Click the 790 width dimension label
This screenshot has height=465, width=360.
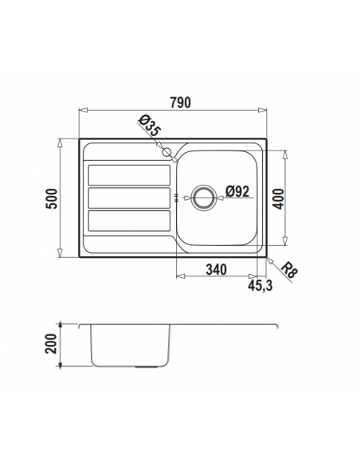pyautogui.click(x=180, y=103)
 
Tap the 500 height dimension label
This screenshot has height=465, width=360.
pyautogui.click(x=52, y=198)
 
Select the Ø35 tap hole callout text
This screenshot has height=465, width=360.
pyautogui.click(x=150, y=126)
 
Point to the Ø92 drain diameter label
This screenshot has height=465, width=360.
pyautogui.click(x=237, y=191)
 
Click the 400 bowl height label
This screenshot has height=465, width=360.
pyautogui.click(x=278, y=199)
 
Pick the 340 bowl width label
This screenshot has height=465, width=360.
pyautogui.click(x=217, y=270)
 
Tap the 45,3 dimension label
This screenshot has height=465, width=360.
pyautogui.click(x=260, y=286)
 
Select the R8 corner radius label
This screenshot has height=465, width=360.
pyautogui.click(x=288, y=271)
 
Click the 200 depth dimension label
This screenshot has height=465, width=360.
pyautogui.click(x=51, y=344)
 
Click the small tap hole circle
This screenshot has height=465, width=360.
pyautogui.click(x=166, y=152)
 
